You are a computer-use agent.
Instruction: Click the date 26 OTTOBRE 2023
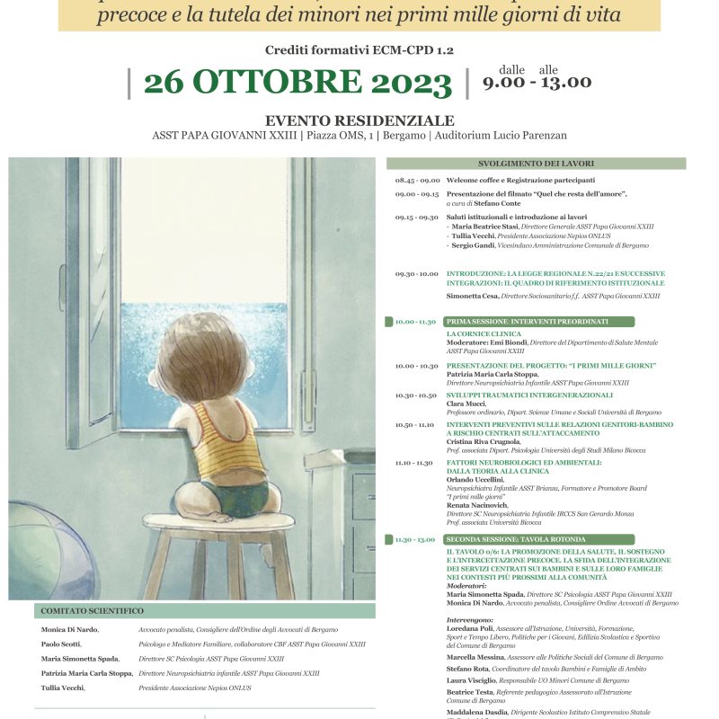click(297, 83)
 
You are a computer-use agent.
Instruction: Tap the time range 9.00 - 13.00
click(537, 82)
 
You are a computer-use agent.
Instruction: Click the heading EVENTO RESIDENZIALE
click(359, 120)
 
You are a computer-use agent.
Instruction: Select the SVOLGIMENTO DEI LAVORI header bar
click(536, 164)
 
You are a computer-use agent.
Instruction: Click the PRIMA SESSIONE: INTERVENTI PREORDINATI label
click(527, 321)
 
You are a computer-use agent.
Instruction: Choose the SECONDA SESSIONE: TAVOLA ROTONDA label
click(527, 538)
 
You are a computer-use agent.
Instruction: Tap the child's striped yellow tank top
click(225, 439)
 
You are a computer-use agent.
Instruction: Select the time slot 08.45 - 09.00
click(416, 180)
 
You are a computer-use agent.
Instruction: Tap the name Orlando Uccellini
click(475, 479)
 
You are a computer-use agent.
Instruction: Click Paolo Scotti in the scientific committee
click(60, 644)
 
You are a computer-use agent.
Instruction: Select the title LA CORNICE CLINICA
click(484, 334)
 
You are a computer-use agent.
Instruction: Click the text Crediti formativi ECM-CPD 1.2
click(359, 50)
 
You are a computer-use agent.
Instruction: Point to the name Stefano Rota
click(468, 668)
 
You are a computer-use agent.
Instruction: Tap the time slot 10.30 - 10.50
click(416, 395)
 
